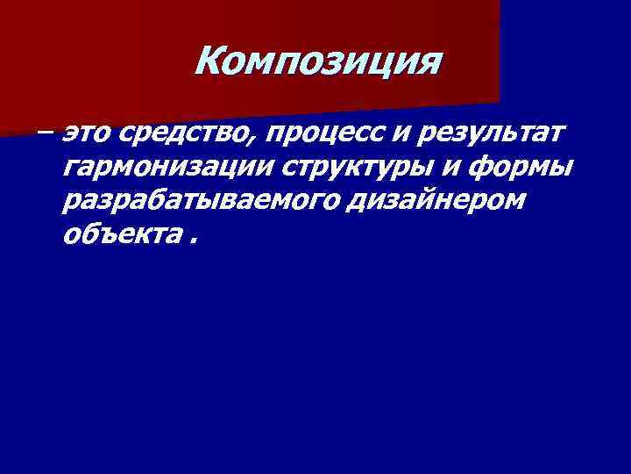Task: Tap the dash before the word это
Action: [45, 134]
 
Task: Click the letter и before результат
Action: [410, 134]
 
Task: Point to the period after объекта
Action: [191, 242]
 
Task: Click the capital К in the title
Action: [209, 61]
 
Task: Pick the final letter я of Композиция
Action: [429, 64]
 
